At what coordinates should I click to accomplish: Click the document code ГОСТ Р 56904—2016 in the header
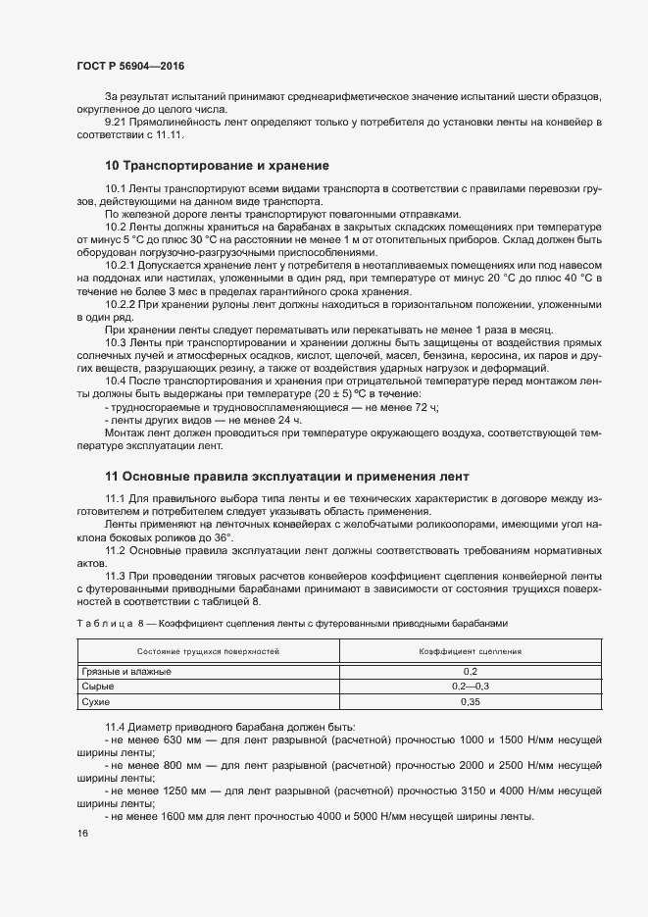(x=129, y=66)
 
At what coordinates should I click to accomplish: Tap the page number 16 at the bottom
(x=82, y=834)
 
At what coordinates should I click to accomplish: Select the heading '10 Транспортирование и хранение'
(x=217, y=165)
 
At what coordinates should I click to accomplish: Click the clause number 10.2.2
(x=122, y=307)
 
